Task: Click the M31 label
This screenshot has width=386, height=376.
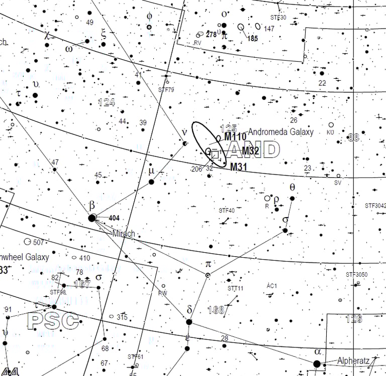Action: (239, 167)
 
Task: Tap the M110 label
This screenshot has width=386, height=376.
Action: (235, 137)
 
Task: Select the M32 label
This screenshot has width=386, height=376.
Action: (250, 150)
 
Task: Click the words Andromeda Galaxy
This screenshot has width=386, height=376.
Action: (280, 132)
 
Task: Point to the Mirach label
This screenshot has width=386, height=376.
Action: (124, 234)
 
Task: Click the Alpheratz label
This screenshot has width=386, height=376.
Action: (353, 360)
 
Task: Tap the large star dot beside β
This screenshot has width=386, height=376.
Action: (92, 218)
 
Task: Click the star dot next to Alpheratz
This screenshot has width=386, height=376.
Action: (317, 364)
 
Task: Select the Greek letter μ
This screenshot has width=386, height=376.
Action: (151, 171)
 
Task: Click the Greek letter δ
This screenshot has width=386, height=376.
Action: (189, 309)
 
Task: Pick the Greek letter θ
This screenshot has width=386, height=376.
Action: (292, 187)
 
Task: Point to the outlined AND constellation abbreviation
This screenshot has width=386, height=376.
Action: (254, 150)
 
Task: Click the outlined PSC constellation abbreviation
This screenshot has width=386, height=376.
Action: (53, 321)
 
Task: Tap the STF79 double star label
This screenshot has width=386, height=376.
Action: (166, 90)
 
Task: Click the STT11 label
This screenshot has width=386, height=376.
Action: (235, 289)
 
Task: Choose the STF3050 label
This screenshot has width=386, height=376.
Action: (356, 275)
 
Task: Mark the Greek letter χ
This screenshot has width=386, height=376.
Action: (47, 35)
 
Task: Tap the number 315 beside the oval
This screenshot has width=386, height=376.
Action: (122, 317)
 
